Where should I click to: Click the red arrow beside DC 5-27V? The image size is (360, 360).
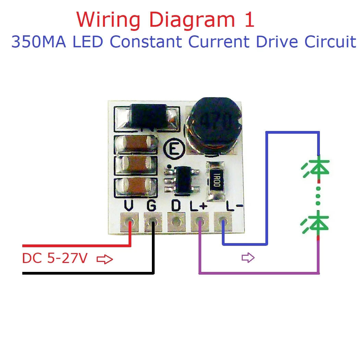(105, 260)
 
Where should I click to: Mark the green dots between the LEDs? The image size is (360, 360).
(318, 196)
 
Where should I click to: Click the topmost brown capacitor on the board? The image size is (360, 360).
(135, 144)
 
